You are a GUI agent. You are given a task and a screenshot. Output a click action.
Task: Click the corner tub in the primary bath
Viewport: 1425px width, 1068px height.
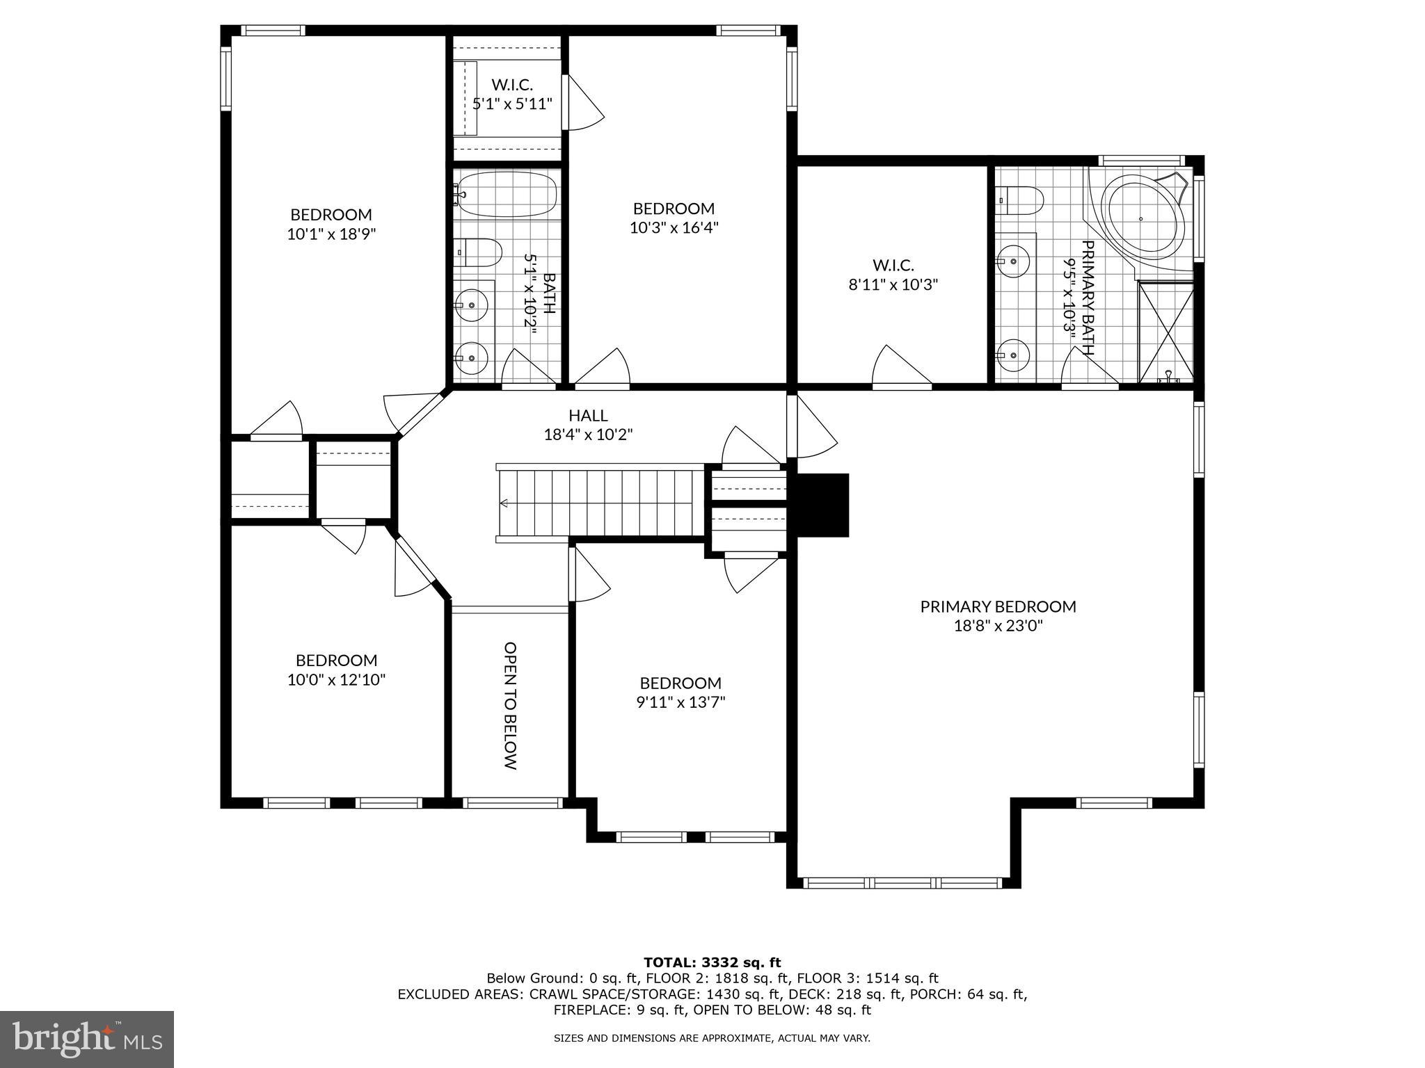pos(1145,218)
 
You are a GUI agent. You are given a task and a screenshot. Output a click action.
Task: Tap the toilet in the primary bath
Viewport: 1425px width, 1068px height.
pos(1021,201)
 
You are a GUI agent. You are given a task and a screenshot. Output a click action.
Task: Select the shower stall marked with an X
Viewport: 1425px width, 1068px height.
pos(1166,332)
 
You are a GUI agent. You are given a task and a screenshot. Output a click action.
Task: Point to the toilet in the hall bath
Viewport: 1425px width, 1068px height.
pos(478,252)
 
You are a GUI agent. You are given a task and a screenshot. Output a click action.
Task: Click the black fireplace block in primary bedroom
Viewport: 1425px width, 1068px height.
pos(822,505)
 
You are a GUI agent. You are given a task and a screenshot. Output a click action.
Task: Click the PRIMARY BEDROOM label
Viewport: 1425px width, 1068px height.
pos(998,606)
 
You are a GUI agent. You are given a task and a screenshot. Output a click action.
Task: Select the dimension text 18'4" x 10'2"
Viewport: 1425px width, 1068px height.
pos(588,435)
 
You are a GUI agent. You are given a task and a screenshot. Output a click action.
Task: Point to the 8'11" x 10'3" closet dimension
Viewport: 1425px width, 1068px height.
pos(893,284)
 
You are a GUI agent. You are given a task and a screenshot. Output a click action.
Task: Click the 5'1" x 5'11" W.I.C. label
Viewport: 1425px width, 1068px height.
pos(512,104)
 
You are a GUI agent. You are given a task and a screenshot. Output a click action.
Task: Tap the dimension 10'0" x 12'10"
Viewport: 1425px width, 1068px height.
pos(336,679)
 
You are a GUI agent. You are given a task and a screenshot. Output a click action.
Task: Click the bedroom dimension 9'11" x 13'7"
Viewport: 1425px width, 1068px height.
pos(680,702)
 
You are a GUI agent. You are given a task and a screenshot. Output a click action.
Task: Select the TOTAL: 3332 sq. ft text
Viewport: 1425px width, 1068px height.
pos(712,962)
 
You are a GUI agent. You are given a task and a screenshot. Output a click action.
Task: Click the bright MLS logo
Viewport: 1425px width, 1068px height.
pos(87,1039)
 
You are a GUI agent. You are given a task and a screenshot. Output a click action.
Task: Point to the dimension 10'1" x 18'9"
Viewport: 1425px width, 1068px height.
pos(331,234)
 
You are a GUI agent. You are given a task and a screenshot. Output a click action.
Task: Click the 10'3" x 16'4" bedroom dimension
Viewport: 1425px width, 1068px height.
pos(674,227)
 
